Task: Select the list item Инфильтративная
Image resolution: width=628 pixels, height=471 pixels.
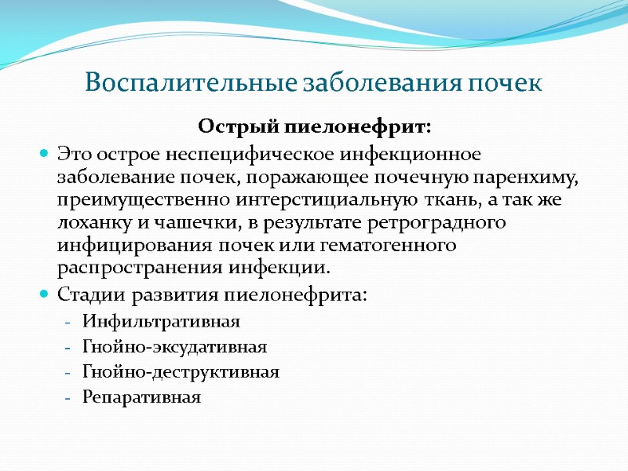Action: click(x=161, y=322)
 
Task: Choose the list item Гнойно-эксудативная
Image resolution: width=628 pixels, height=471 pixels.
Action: click(x=174, y=347)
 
